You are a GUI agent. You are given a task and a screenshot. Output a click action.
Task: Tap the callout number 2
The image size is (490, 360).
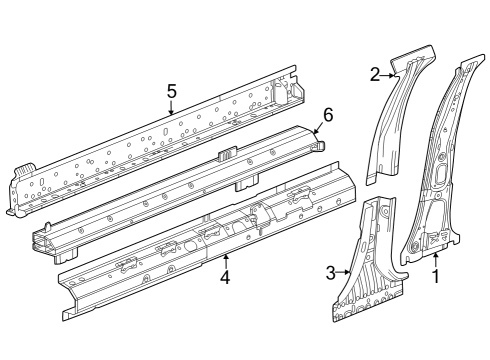click(375, 74)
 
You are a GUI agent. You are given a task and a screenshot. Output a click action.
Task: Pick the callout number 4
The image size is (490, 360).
click(225, 277)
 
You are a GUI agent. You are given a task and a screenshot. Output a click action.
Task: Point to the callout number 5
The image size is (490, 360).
click(171, 91)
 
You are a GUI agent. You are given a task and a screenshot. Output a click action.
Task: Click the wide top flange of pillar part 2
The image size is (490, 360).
click(414, 57)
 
